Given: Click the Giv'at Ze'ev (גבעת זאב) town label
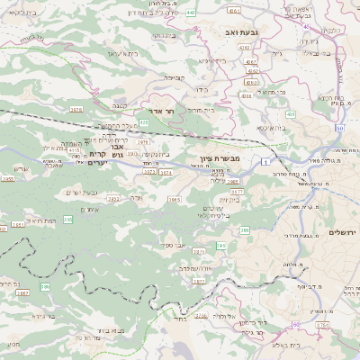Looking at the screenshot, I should (x=242, y=31).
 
